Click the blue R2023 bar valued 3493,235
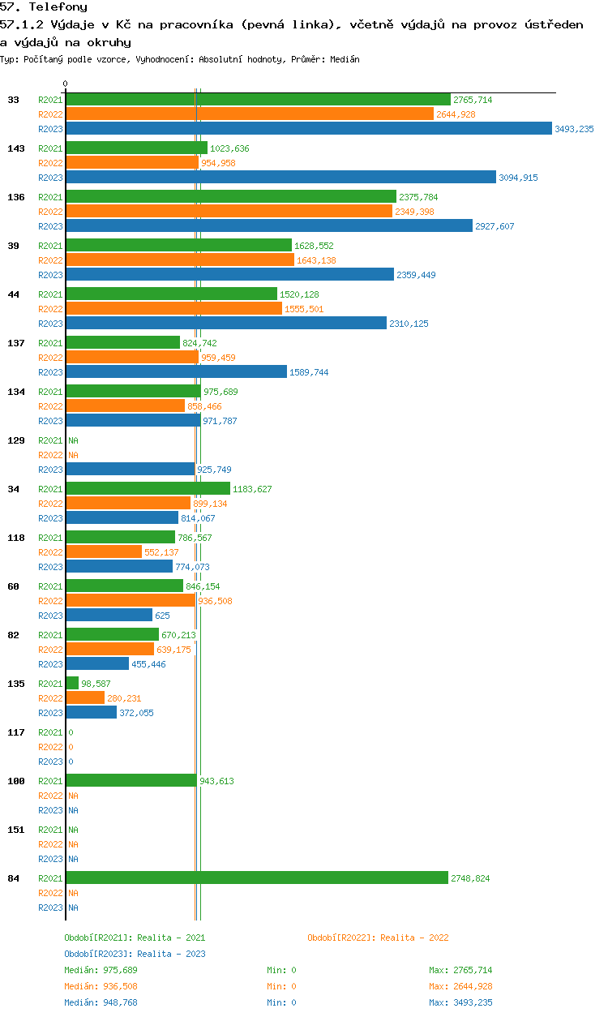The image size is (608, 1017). [x=309, y=128]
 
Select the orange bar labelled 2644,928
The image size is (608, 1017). [x=250, y=114]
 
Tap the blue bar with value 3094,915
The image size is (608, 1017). [x=281, y=177]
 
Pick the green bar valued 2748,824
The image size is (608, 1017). [x=257, y=878]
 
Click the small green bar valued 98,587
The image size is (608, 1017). [x=73, y=683]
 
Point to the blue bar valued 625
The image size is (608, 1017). [x=109, y=615]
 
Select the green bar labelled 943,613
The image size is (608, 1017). [x=131, y=780]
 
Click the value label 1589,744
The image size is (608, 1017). [x=309, y=372]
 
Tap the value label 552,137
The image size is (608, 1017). [x=161, y=552]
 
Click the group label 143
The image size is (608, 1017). [x=16, y=148]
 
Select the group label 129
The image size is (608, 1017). [x=16, y=440]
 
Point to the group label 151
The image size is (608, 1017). [x=16, y=830]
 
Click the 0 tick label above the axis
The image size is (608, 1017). [x=66, y=84]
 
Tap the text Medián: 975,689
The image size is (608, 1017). [x=101, y=970]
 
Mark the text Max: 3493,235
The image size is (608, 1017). [x=460, y=1002]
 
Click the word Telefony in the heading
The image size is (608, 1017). [x=58, y=6]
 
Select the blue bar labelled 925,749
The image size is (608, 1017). [x=131, y=469]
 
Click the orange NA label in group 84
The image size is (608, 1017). [x=73, y=893]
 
